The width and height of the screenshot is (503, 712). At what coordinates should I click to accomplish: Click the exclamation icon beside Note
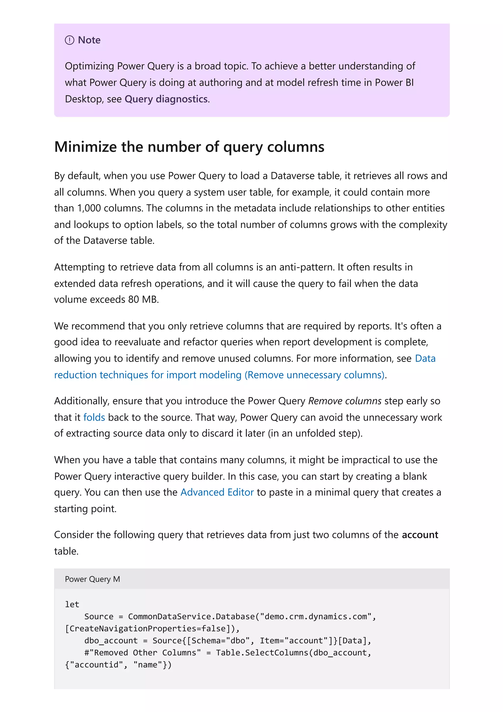(x=70, y=40)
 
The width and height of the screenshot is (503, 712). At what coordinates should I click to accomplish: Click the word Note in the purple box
(x=89, y=40)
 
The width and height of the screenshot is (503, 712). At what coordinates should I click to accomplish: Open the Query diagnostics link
(x=166, y=99)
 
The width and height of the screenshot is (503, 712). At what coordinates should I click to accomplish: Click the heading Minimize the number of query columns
(x=189, y=147)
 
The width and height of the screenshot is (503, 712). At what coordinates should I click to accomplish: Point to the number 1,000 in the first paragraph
(x=89, y=208)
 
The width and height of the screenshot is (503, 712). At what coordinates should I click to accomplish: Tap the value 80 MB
(x=143, y=299)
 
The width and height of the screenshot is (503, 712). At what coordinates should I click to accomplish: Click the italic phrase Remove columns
(x=344, y=401)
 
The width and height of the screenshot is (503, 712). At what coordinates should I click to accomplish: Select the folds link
(x=94, y=417)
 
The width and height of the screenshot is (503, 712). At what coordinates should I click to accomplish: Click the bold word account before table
(x=420, y=535)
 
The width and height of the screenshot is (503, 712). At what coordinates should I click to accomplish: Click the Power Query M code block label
(x=92, y=579)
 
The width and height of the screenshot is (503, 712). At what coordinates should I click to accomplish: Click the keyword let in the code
(x=72, y=604)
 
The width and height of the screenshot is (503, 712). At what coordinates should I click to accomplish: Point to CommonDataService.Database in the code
(x=191, y=616)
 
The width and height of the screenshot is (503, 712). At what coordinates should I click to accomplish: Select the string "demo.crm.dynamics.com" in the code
(x=316, y=616)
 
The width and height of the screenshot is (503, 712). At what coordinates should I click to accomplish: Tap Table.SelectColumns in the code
(x=262, y=653)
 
